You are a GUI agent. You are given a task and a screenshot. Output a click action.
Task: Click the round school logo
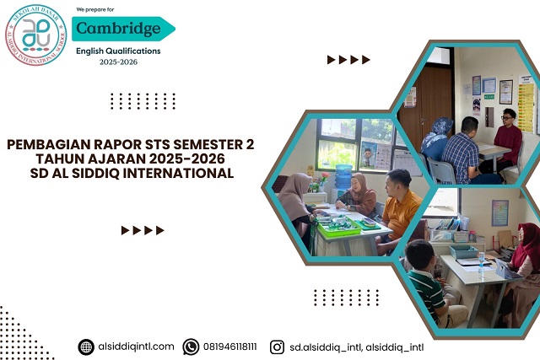point(35,35)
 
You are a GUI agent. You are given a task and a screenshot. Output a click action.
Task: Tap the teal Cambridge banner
point(122,29)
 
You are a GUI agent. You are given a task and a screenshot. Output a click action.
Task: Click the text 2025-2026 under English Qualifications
point(118,62)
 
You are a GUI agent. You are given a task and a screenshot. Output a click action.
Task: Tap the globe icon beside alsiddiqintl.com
point(86,347)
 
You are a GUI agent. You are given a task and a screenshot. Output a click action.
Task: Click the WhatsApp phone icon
point(191,347)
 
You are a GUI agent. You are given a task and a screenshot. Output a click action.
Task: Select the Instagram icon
point(277,347)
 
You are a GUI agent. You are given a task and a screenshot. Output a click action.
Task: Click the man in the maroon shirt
point(508,139)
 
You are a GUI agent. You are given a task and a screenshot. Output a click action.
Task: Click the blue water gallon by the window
point(343,177)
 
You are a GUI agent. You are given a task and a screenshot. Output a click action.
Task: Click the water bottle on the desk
point(481,262)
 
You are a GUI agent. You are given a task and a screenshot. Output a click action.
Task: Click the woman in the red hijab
point(526,253)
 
